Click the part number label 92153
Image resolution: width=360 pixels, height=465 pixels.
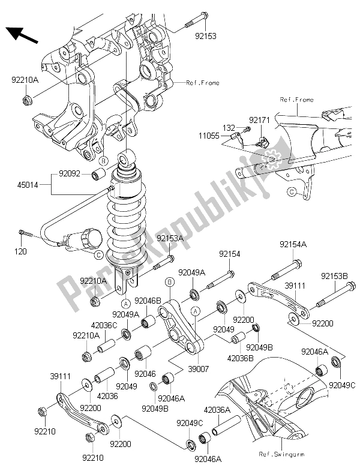click(x=205, y=36)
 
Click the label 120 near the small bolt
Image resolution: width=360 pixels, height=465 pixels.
click(x=22, y=251)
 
